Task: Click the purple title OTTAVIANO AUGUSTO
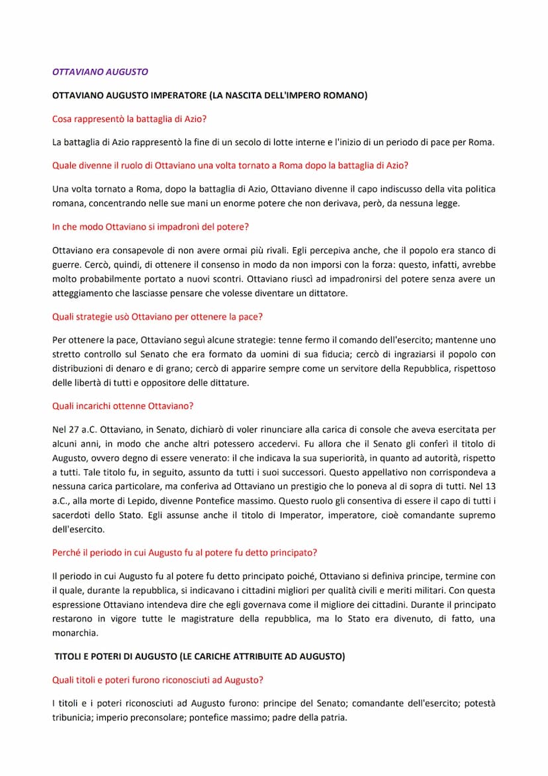(100, 72)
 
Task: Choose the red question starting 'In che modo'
(150, 227)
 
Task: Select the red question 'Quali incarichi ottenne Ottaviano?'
(122, 406)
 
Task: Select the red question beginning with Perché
(184, 552)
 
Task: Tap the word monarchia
(75, 633)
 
